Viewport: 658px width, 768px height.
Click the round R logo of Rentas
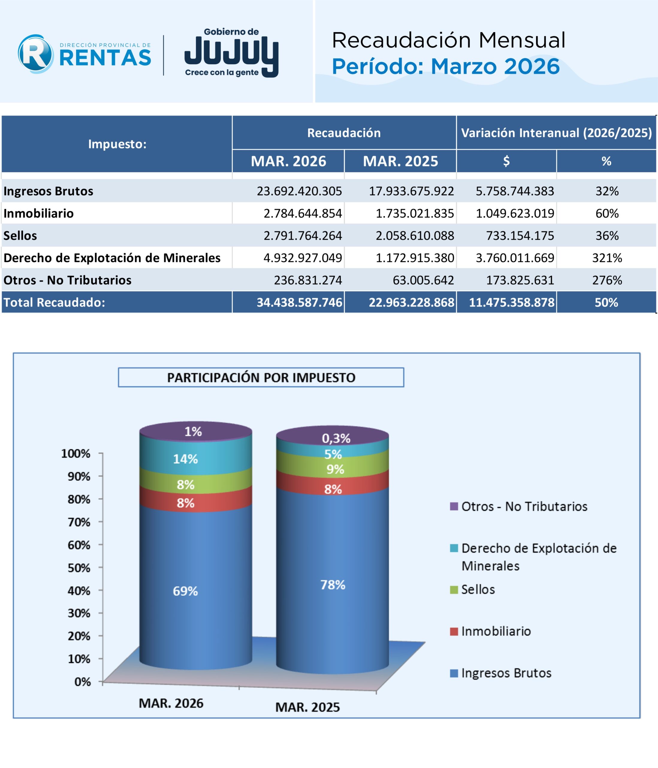click(x=36, y=54)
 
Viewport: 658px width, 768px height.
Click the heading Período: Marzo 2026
click(x=446, y=67)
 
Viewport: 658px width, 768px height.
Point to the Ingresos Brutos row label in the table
click(x=49, y=191)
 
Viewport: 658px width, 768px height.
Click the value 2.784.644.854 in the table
click(x=303, y=214)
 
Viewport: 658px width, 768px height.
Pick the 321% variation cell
click(x=606, y=258)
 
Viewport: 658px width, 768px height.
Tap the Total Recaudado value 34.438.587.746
click(x=299, y=302)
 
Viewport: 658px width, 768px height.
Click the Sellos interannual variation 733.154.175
click(x=520, y=236)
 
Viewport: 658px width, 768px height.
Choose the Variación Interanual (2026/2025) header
click(x=556, y=133)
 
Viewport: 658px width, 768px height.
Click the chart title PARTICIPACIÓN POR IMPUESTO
click(x=261, y=377)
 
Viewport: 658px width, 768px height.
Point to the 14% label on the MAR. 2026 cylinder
click(x=185, y=459)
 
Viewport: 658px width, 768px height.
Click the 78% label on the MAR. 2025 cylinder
click(x=333, y=585)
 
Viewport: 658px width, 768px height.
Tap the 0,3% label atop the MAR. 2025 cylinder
click(x=336, y=439)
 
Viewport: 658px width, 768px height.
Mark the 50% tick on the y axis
click(x=79, y=568)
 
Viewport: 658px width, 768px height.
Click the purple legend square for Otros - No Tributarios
click(x=454, y=506)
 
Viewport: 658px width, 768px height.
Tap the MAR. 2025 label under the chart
click(x=307, y=707)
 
